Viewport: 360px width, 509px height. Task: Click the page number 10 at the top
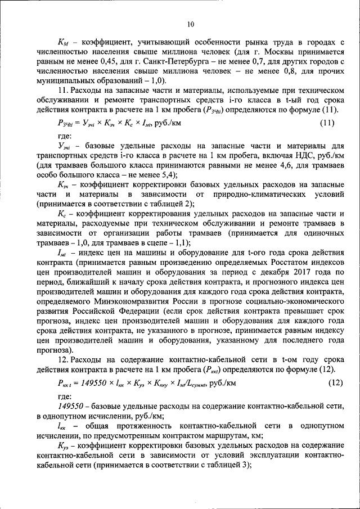tap(190, 24)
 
